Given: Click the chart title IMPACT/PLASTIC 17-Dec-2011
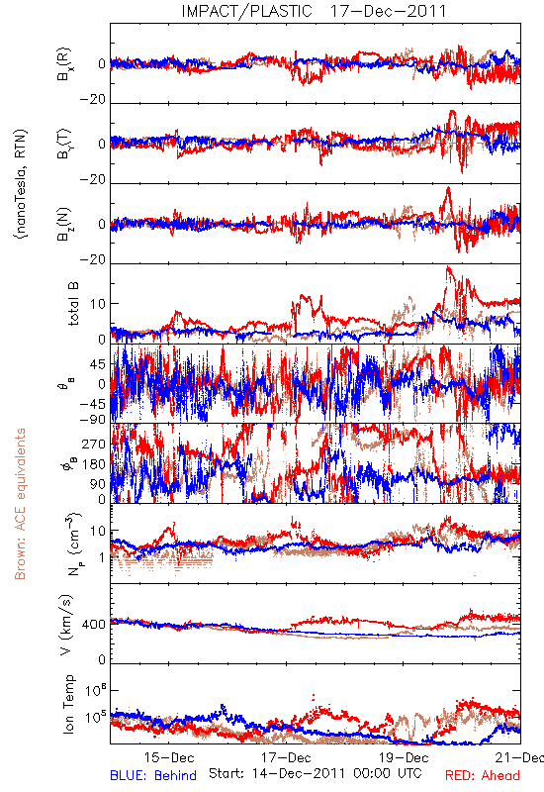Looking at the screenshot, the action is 314,11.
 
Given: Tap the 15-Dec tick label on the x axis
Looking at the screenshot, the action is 169,757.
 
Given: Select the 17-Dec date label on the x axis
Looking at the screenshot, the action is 286,757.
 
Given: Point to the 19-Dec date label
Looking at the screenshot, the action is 404,757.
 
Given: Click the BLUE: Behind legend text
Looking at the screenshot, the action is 153,775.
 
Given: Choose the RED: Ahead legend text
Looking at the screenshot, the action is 482,775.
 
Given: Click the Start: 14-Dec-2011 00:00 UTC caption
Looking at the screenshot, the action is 316,773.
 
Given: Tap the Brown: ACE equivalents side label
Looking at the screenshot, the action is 20,504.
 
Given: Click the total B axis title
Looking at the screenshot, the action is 73,304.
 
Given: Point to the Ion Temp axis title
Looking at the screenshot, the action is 68,704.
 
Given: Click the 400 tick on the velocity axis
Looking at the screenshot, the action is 94,625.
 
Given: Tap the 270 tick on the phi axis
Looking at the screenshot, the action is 94,444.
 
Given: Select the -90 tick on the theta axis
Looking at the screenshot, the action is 93,419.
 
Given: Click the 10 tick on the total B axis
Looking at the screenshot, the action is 98,304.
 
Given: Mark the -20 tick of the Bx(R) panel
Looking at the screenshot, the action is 93,100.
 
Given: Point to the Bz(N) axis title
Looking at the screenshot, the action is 64,224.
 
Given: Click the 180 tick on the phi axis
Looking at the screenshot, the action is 94,464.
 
